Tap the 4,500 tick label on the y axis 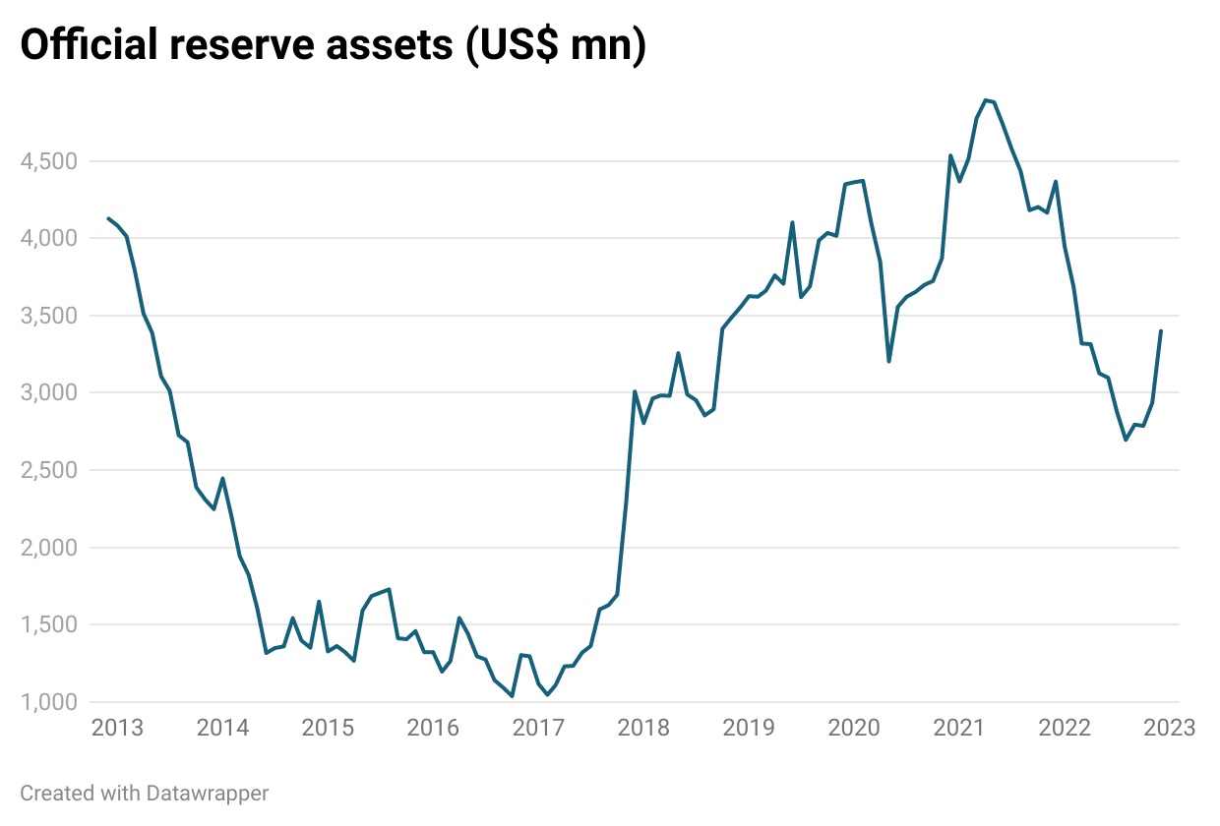[46, 161]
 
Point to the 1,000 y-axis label [46, 702]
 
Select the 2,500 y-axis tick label [46, 470]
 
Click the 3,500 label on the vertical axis [46, 316]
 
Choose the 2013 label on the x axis [117, 729]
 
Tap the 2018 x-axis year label [643, 729]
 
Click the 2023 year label [1170, 729]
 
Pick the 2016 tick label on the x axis [433, 729]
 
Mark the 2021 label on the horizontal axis [959, 729]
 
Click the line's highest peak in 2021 [985, 100]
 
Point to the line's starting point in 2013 [108, 218]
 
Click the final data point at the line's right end [1161, 330]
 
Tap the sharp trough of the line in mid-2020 [888, 361]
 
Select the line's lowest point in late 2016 [513, 696]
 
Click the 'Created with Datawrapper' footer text [144, 793]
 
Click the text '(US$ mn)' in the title [556, 46]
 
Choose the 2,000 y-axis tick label [46, 548]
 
